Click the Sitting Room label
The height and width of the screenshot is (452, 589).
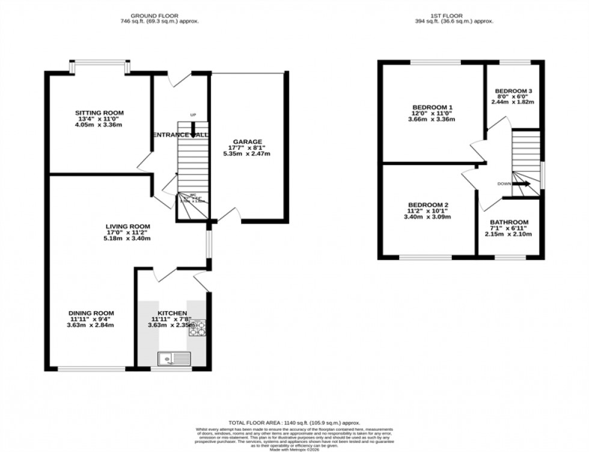tap(99, 113)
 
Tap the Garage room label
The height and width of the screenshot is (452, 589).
tap(248, 141)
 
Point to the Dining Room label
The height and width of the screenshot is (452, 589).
tap(91, 313)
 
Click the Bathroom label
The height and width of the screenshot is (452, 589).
tap(508, 221)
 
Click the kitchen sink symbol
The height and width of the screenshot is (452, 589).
tap(173, 359)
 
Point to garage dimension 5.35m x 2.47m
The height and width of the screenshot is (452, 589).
tap(248, 153)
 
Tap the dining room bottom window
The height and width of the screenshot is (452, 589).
tap(91, 369)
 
